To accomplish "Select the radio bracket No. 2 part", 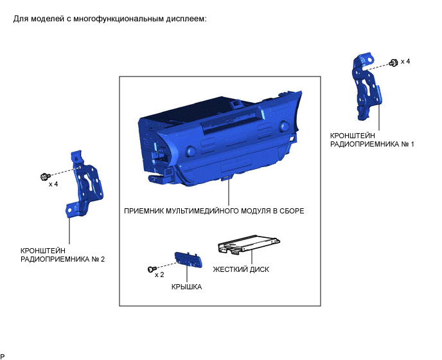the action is coord(84,183).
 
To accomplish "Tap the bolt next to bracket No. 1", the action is coord(393,63).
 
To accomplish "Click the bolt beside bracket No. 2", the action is coord(45,177).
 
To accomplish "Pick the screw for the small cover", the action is coord(152,269).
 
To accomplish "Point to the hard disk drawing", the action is coord(249,244).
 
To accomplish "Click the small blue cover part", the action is coord(188,260).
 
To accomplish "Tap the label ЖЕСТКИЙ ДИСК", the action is coord(241,269).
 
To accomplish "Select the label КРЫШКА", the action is coord(186,287).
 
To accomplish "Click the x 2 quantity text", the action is coord(159,274).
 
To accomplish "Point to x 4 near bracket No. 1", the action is coord(405,61).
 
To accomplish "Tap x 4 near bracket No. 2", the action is coord(53,184).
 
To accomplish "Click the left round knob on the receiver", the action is coord(191,150).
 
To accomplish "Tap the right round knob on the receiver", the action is coord(284,125).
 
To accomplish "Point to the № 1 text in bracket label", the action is coord(407,144).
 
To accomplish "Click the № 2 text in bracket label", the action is coord(98,259).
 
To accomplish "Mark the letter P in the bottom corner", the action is coord(3,357).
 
